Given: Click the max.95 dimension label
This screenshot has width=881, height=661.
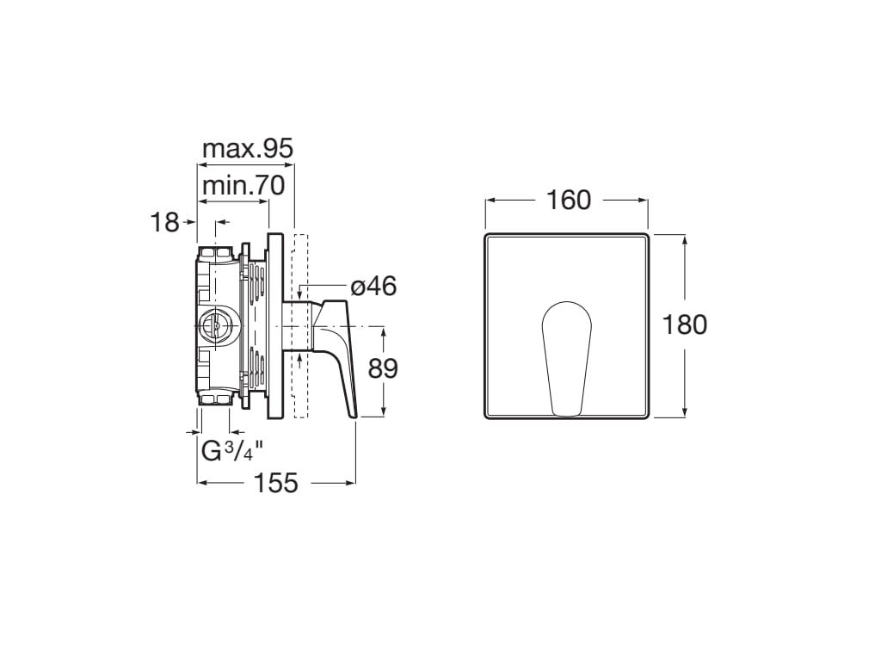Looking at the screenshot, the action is [x=248, y=149].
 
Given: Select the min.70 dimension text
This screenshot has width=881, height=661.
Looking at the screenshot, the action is [x=243, y=186].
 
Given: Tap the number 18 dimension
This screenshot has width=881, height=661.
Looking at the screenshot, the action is [x=164, y=223].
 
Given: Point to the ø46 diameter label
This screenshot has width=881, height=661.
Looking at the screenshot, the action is [x=373, y=287].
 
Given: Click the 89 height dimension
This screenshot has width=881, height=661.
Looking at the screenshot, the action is [x=383, y=368].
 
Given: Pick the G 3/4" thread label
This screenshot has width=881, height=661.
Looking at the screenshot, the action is [x=232, y=451].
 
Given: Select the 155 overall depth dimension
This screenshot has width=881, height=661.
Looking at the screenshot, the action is [x=276, y=483].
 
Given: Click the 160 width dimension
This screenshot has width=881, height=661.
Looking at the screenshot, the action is [x=569, y=201].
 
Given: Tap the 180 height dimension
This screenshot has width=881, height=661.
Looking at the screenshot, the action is [x=685, y=324].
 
